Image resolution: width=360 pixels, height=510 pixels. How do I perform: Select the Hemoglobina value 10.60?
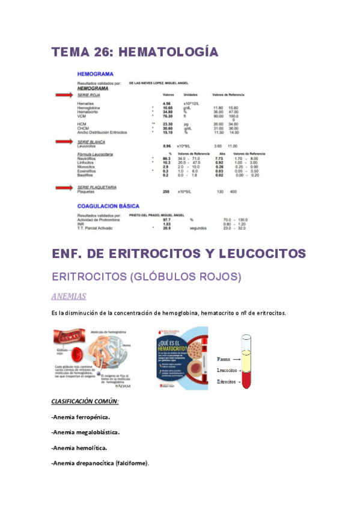click(x=168, y=108)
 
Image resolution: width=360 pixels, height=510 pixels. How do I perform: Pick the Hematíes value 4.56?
click(x=168, y=103)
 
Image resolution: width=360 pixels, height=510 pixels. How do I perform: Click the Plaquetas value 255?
click(x=167, y=191)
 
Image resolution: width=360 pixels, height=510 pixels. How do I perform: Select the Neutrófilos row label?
click(x=88, y=158)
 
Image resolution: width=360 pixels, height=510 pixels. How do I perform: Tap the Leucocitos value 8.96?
click(x=168, y=146)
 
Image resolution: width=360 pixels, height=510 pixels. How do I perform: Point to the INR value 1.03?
click(x=168, y=224)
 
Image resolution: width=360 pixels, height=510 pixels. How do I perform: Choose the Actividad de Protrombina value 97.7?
click(x=168, y=220)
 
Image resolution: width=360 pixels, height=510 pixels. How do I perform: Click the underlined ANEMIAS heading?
click(x=69, y=296)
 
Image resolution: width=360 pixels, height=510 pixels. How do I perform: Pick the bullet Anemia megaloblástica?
click(x=85, y=432)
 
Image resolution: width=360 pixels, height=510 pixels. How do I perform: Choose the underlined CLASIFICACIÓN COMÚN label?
click(x=85, y=401)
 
